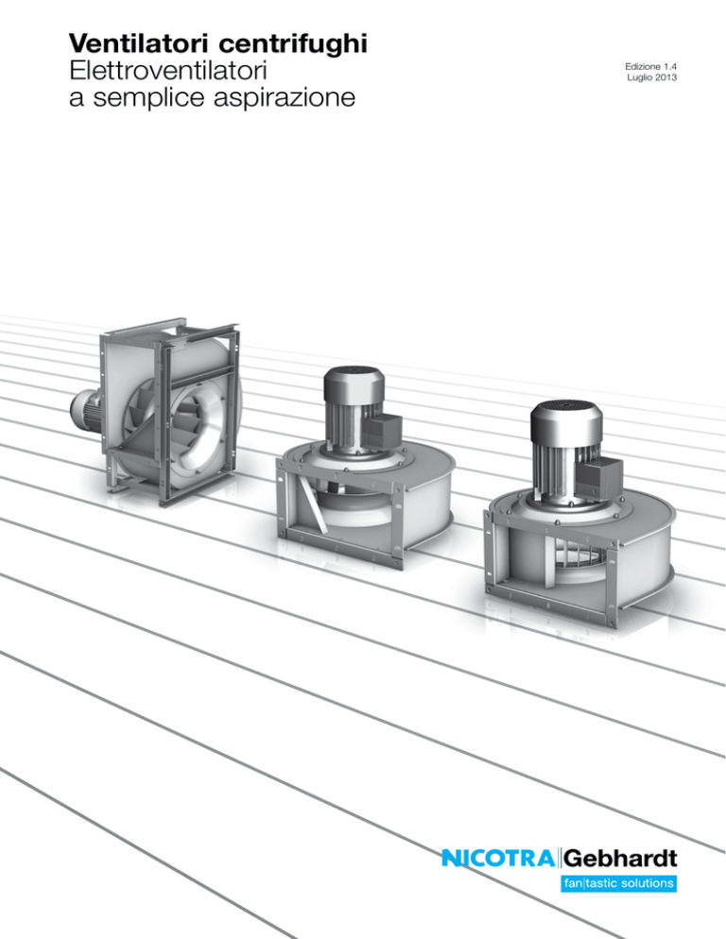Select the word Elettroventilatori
tap(168, 71)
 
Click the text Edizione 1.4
tap(651, 66)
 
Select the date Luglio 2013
tap(652, 77)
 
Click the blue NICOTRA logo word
tap(498, 858)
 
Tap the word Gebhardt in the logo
tap(620, 858)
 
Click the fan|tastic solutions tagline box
tap(618, 883)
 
